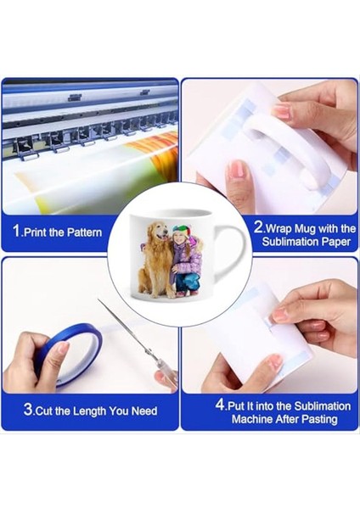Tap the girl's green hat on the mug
coord(181,230)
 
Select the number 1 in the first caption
coord(16,232)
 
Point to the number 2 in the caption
coord(258,227)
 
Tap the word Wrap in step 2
coord(282,227)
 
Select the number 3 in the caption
coord(28,411)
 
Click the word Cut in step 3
coord(47,411)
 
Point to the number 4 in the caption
coord(220,404)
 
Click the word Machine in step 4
coord(247,418)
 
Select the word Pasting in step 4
coord(316,418)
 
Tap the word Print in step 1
coord(40,232)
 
